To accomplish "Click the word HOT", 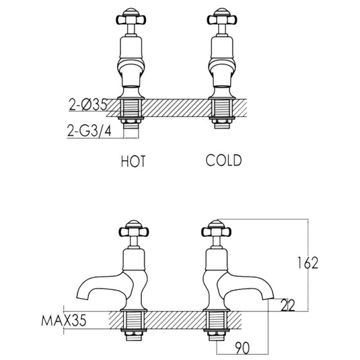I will pos(133,161).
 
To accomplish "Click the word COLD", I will pos(223,161).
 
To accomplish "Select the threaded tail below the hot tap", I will pos(131,111).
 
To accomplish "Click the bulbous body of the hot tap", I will pos(131,69).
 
